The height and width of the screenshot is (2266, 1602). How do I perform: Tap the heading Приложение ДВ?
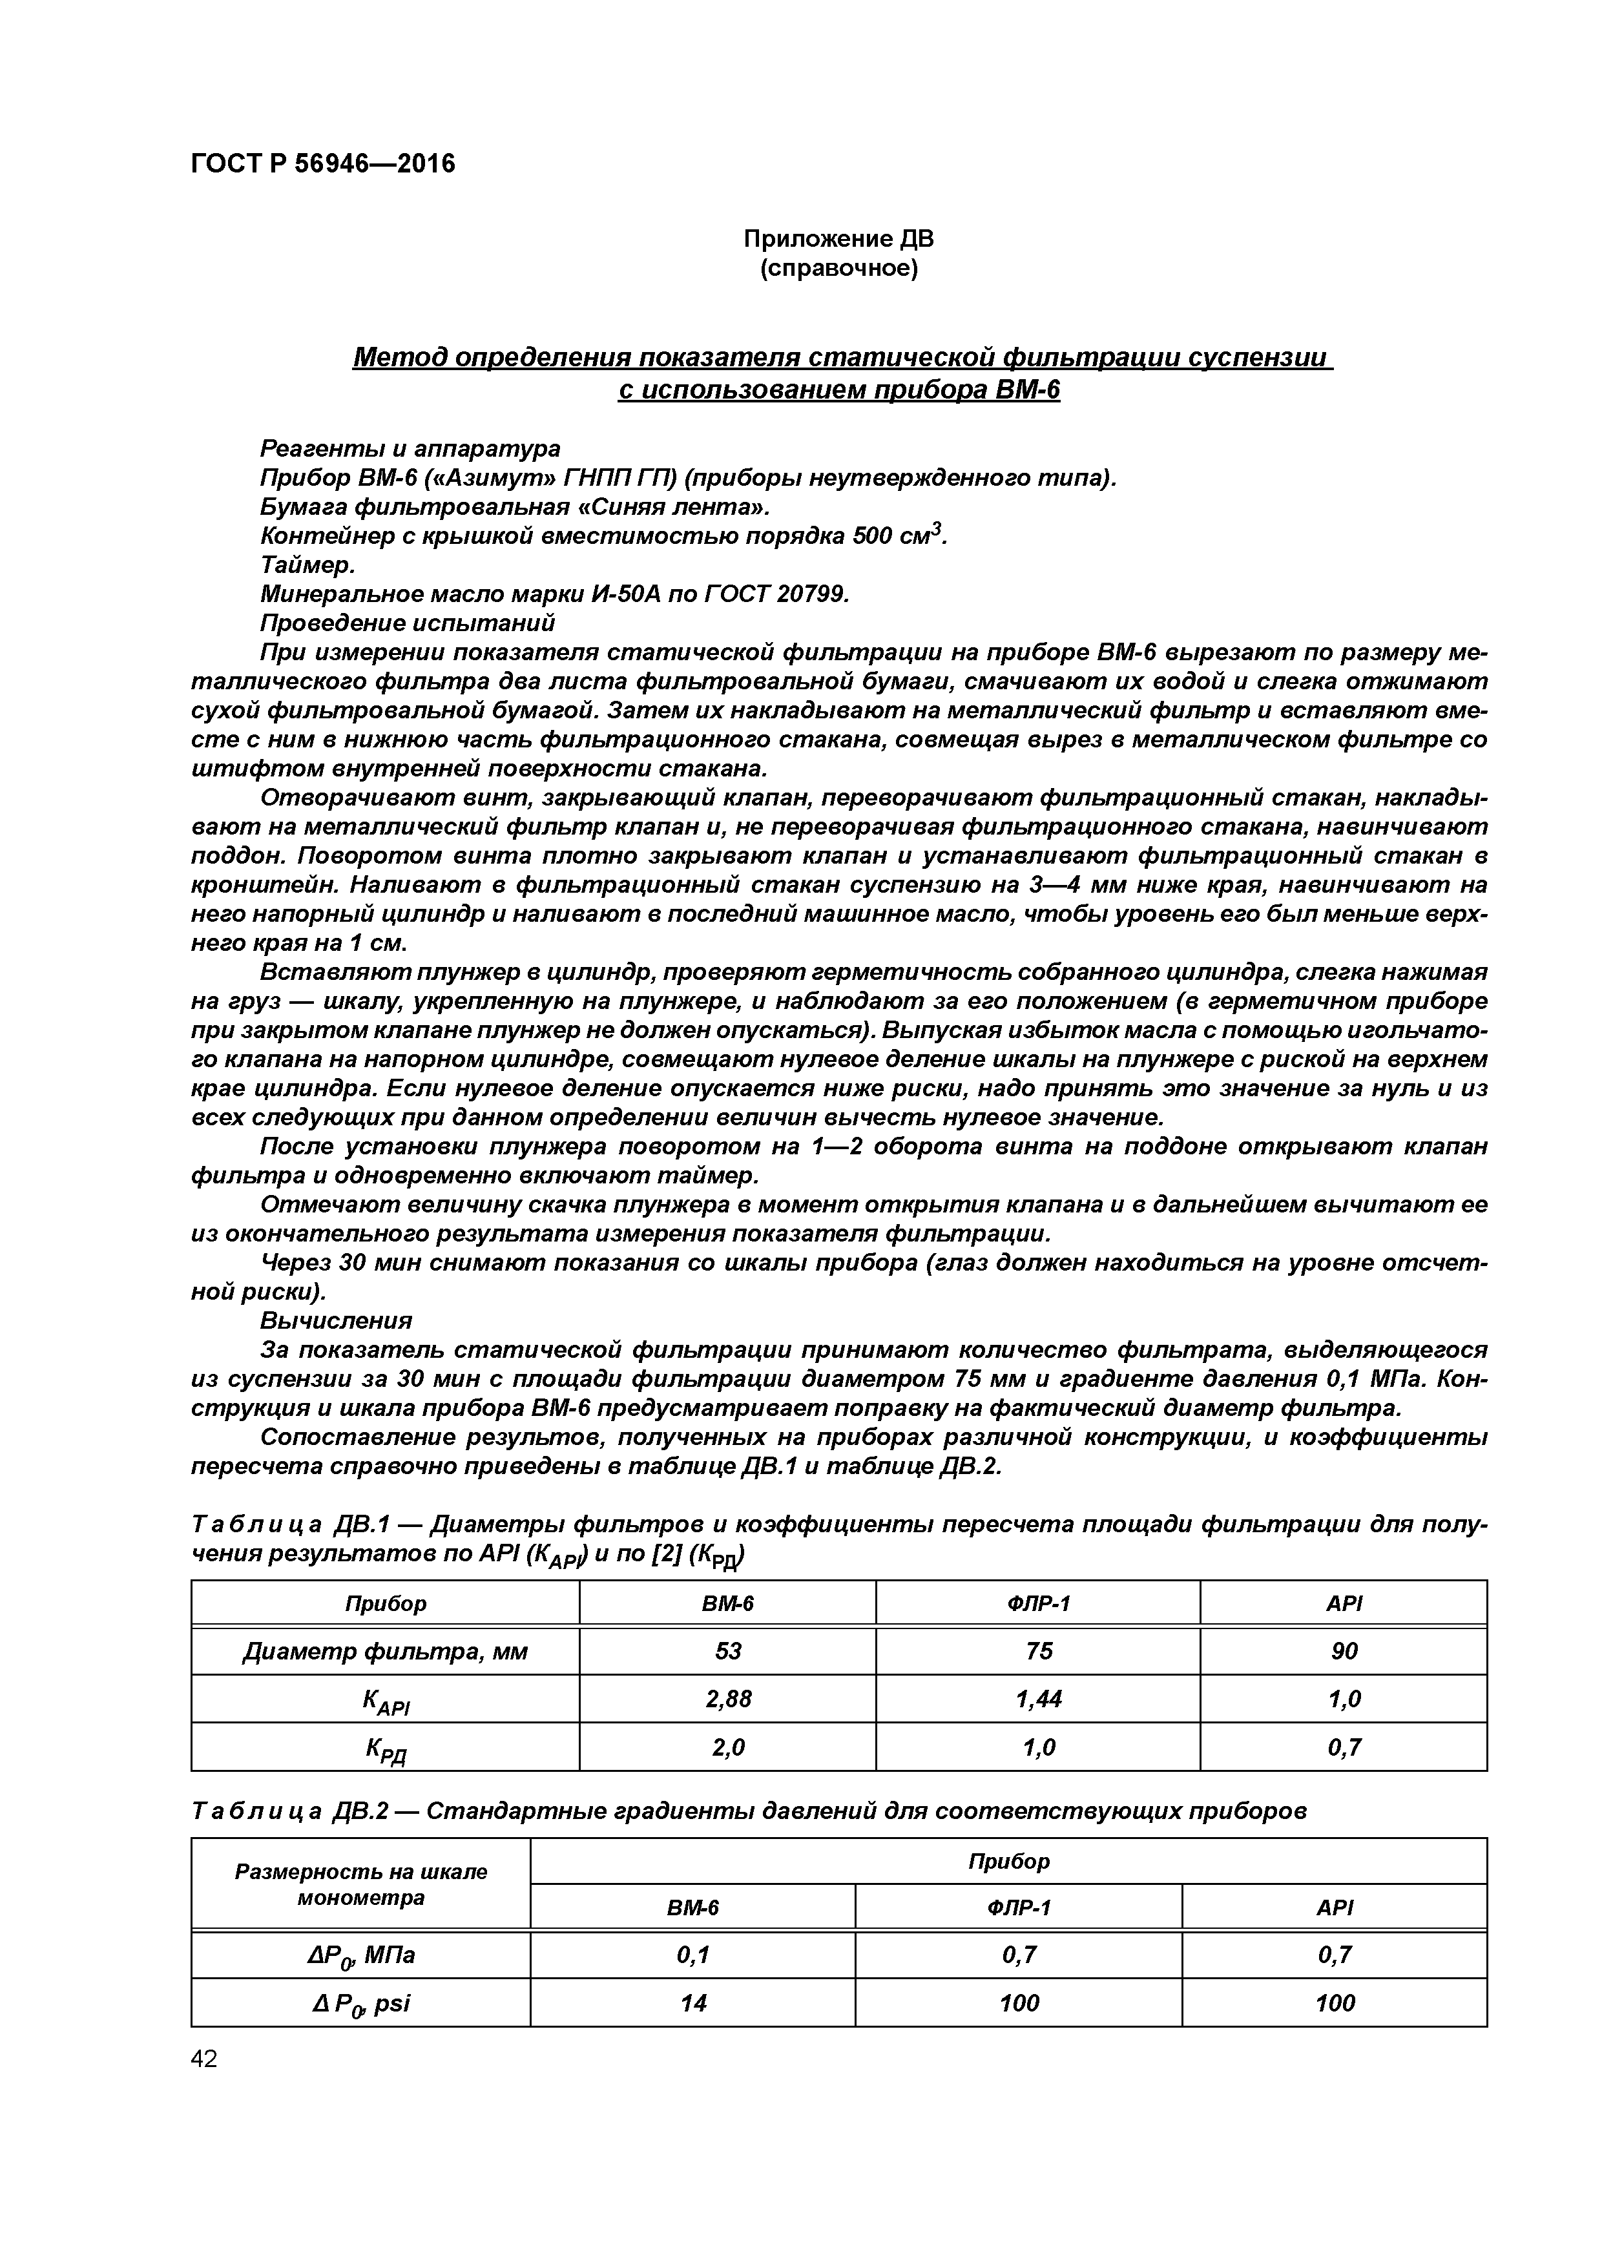[838, 239]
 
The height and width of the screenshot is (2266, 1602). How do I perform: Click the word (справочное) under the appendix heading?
[838, 269]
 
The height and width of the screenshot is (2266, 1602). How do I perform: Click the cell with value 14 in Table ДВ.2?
[693, 2002]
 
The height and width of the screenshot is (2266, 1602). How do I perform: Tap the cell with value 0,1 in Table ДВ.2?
[693, 1954]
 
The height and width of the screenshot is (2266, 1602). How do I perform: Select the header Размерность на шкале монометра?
[361, 1884]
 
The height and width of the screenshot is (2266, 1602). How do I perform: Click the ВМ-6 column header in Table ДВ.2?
[693, 1907]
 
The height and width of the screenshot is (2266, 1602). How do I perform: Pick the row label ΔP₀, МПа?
[361, 1954]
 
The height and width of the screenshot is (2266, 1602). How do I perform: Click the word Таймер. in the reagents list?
[307, 565]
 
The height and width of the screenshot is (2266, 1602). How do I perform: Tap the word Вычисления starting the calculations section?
[336, 1320]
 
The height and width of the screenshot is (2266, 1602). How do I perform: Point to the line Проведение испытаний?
[407, 623]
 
